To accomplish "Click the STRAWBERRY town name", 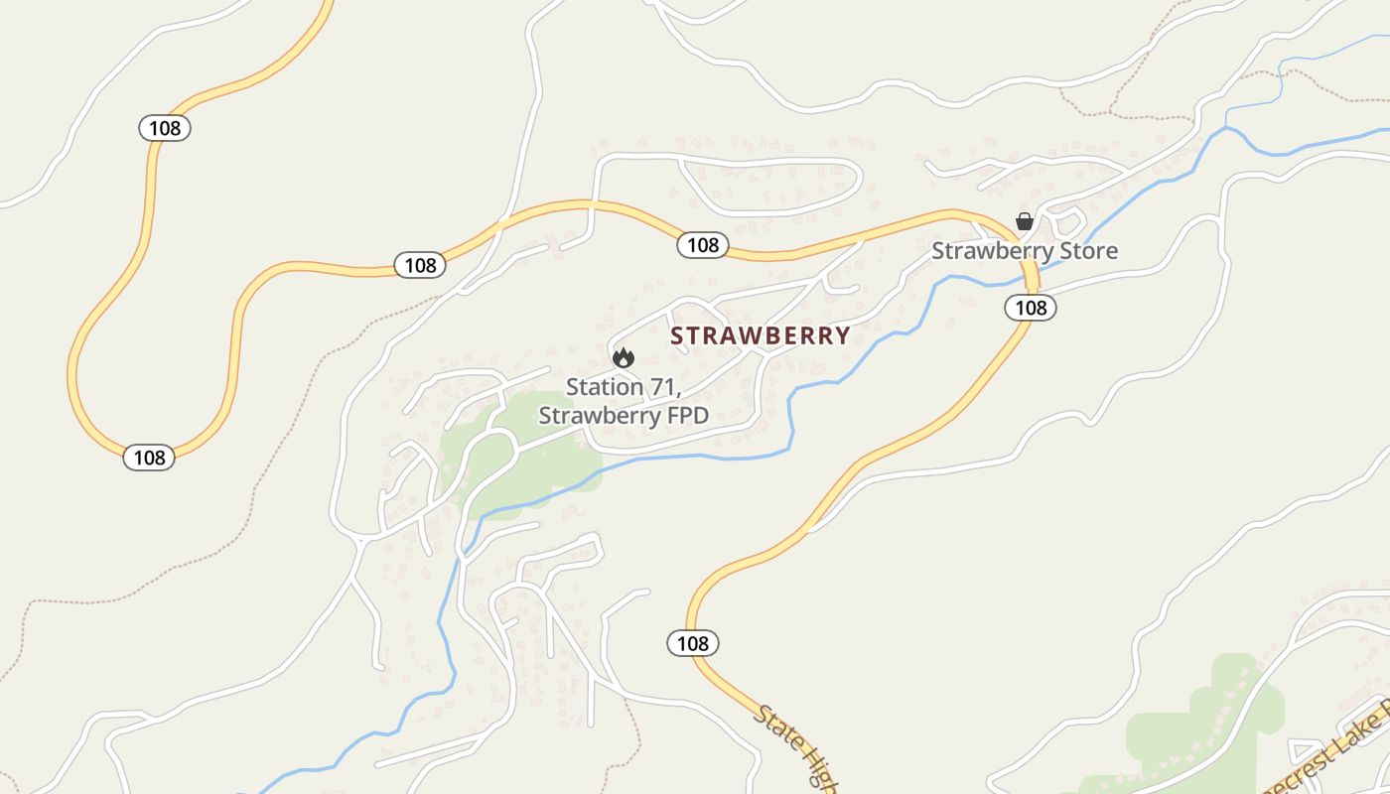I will coord(760,335).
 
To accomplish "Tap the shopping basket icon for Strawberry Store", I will coord(1024,221).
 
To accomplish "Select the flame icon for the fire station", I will coord(623,357).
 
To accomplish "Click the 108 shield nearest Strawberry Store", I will coord(1031,308).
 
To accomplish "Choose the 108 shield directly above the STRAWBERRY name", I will coord(703,245).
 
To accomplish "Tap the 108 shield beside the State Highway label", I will coord(692,643).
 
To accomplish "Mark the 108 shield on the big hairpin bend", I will coord(149,458).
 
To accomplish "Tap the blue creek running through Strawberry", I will coord(695,457).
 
